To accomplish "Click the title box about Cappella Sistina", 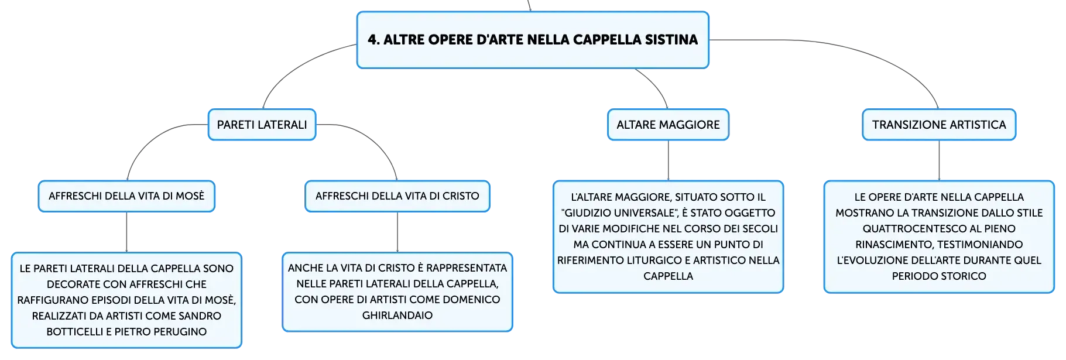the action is point(533,40).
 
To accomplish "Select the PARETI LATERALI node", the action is point(262,125).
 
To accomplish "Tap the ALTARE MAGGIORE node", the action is point(668,125).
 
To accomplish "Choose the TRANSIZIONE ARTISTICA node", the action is point(939,125).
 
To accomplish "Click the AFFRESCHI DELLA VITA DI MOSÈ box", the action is point(126,196).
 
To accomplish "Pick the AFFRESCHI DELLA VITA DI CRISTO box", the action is point(397,196).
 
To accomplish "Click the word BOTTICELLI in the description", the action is point(75,332).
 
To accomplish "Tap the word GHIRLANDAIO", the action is point(397,316).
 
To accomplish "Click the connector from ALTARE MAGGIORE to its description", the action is point(669,160).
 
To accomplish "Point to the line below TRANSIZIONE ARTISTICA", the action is point(939,160).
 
